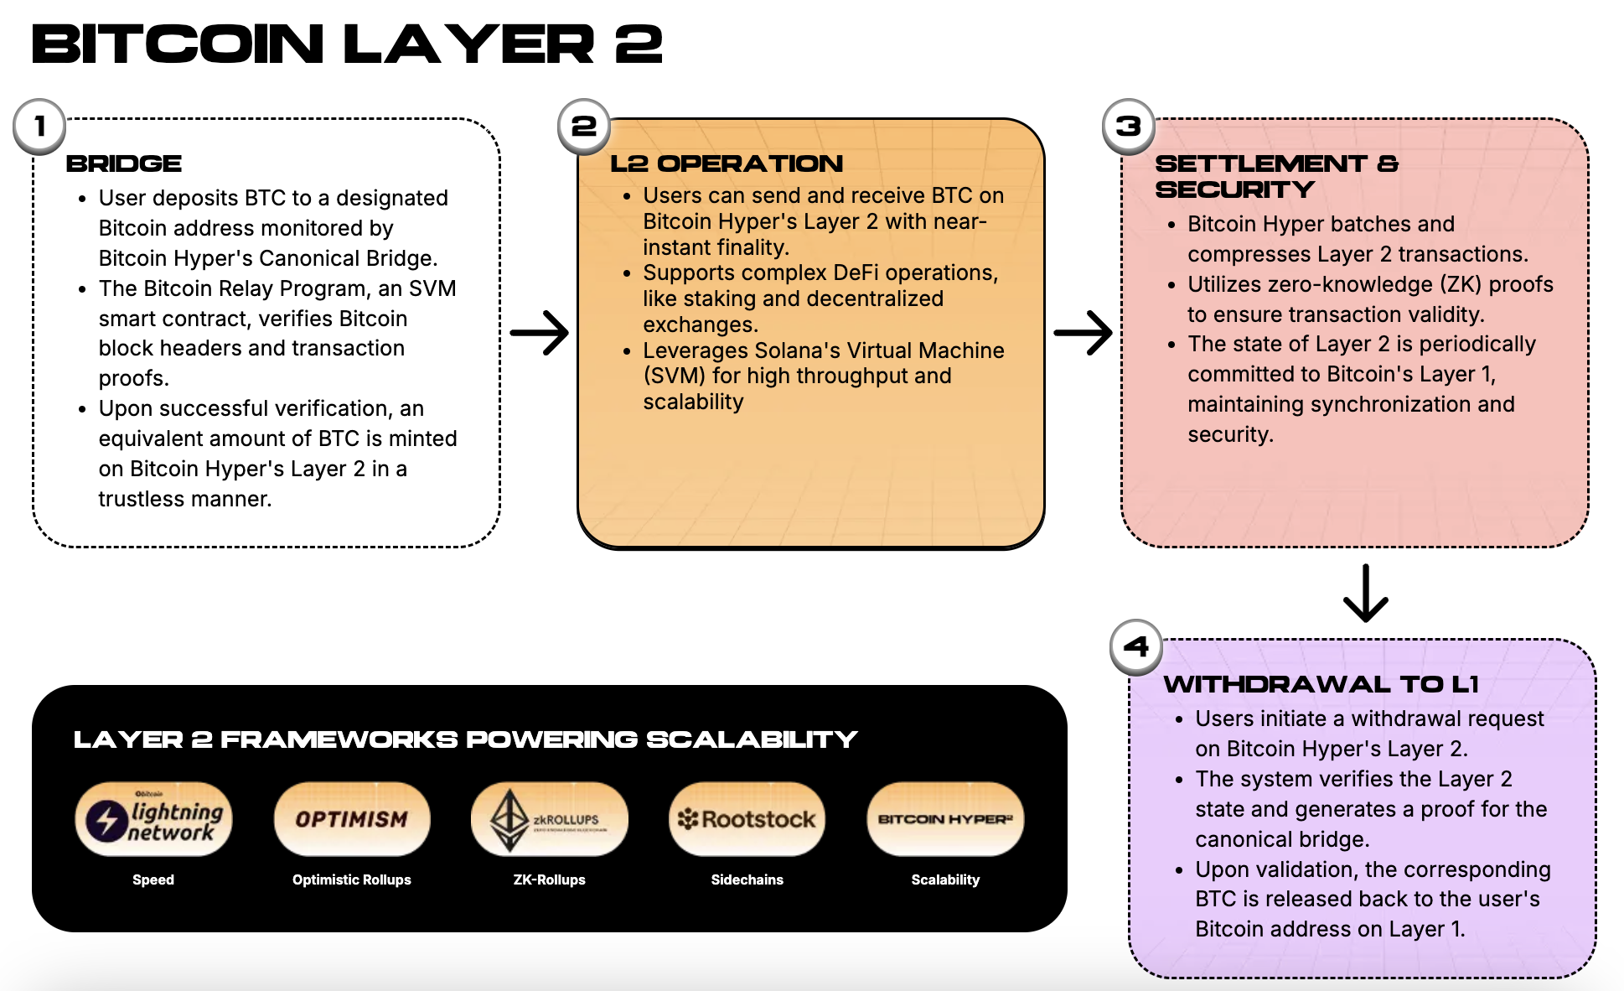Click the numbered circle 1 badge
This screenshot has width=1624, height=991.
pyautogui.click(x=39, y=127)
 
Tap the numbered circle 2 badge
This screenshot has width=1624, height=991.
pyautogui.click(x=583, y=127)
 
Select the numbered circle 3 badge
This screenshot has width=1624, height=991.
pyautogui.click(x=1128, y=127)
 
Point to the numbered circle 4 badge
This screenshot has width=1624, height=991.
pyautogui.click(x=1135, y=647)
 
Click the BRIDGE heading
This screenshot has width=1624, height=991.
pyautogui.click(x=124, y=163)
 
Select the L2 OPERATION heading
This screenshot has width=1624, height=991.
pyautogui.click(x=727, y=163)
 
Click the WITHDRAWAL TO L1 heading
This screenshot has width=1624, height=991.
pyautogui.click(x=1321, y=684)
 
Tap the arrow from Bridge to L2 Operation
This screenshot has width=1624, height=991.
pyautogui.click(x=540, y=333)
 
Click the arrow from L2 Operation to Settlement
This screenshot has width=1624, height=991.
pyautogui.click(x=1083, y=333)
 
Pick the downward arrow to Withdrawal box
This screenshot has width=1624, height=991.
pyautogui.click(x=1366, y=593)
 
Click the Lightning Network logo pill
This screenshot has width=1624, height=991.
pyautogui.click(x=153, y=819)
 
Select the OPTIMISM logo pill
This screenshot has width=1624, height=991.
pyautogui.click(x=352, y=819)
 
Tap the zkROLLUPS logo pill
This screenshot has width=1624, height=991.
pyautogui.click(x=549, y=819)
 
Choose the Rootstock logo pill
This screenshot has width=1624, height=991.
pyautogui.click(x=747, y=819)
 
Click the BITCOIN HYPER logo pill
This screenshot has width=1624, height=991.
pyautogui.click(x=945, y=819)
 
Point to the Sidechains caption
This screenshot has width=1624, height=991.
pyautogui.click(x=747, y=879)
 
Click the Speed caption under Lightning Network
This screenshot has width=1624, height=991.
pyautogui.click(x=153, y=879)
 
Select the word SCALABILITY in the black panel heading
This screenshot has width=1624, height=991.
pyautogui.click(x=752, y=739)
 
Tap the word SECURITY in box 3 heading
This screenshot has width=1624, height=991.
pyautogui.click(x=1234, y=189)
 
